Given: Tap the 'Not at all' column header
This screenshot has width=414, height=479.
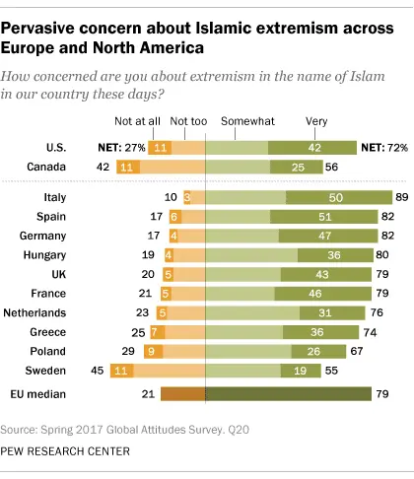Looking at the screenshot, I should point(142,121).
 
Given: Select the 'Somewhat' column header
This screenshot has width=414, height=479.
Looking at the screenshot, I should point(238,121).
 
